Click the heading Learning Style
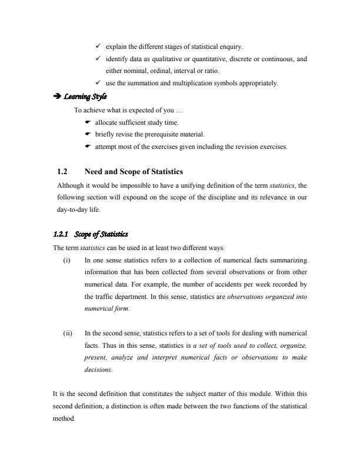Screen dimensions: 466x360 tap(88, 97)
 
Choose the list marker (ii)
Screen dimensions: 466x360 tap(67, 334)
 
